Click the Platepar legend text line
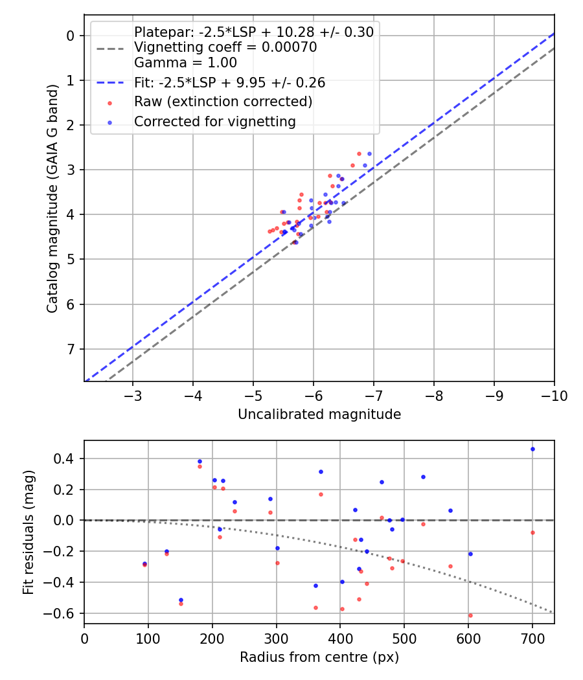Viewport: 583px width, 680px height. click(253, 32)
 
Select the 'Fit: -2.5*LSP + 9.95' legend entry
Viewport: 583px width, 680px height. click(229, 83)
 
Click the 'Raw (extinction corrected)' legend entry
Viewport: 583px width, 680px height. click(223, 102)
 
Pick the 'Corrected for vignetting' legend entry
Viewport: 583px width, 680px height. click(214, 122)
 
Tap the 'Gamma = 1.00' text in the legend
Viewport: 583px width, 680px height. click(185, 63)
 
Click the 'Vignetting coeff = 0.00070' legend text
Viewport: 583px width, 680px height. click(225, 48)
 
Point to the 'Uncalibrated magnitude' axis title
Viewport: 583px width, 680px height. click(319, 414)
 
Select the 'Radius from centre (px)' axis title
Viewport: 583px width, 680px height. click(319, 657)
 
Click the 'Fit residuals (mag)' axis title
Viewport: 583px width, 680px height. click(28, 532)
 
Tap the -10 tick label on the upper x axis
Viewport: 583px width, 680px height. click(554, 396)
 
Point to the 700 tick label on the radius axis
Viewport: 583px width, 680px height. click(532, 639)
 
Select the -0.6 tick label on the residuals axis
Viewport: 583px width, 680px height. click(65, 613)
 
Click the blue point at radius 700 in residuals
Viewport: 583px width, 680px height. click(532, 449)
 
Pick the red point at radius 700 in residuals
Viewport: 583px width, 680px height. click(532, 533)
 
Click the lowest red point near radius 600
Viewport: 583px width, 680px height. click(470, 615)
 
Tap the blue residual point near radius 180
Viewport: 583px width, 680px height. click(200, 461)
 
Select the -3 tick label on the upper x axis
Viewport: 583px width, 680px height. click(133, 396)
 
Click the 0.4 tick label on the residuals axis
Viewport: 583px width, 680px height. click(68, 459)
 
